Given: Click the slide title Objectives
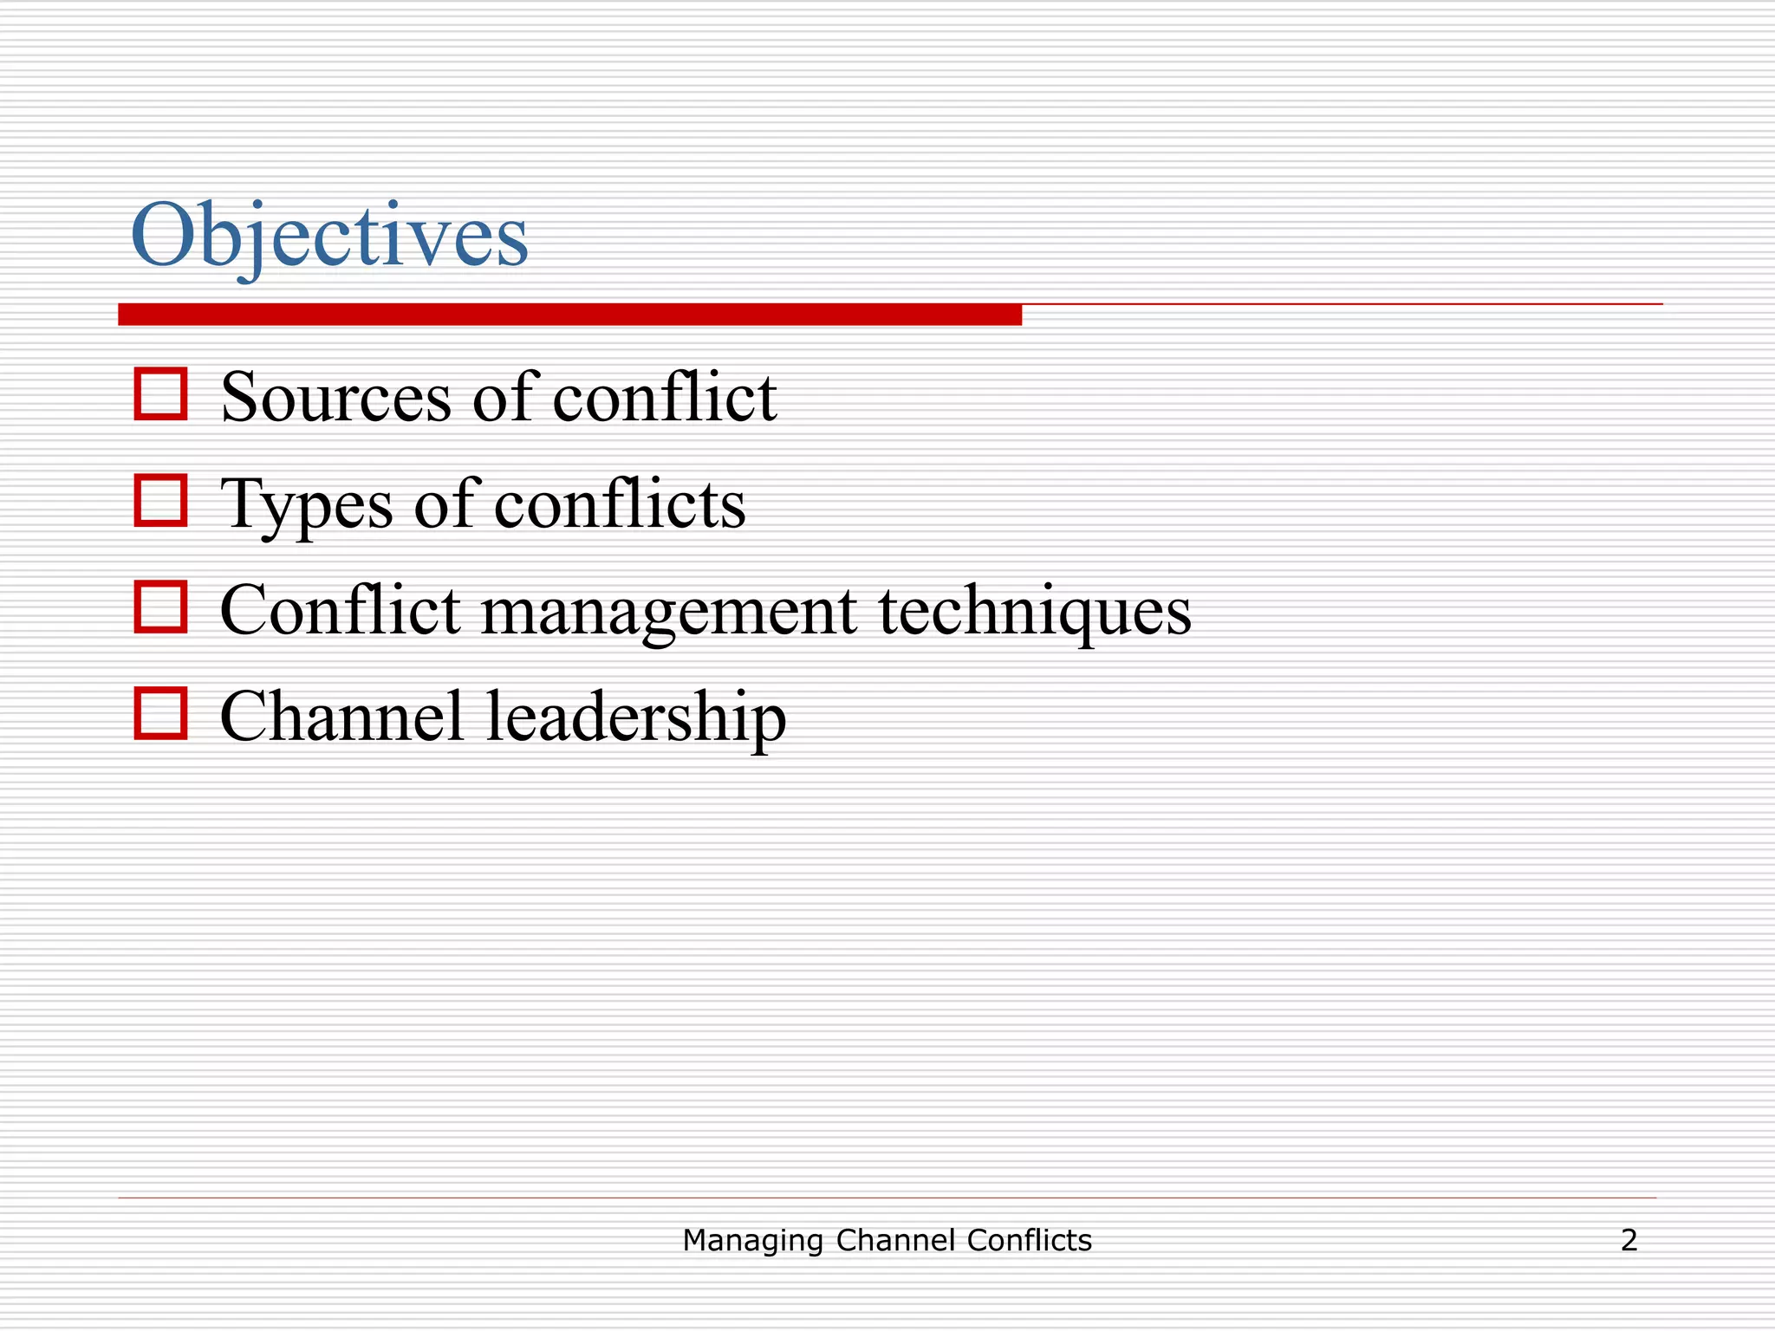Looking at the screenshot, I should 329,236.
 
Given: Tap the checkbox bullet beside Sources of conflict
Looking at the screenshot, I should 160,394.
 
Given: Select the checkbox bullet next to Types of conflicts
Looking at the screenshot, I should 160,500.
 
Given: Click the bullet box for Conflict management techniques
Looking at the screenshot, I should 160,607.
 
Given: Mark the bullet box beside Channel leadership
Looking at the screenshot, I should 160,713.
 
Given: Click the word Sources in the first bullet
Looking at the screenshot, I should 336,399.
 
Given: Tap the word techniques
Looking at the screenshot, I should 1035,612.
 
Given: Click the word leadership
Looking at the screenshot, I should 636,718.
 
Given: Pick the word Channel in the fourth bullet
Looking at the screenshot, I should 341,717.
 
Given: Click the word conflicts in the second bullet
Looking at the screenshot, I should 620,504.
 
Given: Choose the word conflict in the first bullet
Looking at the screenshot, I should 665,399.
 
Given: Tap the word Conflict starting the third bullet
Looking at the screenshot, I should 340,610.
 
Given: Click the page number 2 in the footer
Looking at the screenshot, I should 1629,1241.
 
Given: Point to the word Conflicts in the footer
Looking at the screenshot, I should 1029,1241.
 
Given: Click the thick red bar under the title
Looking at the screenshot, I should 569,315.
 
